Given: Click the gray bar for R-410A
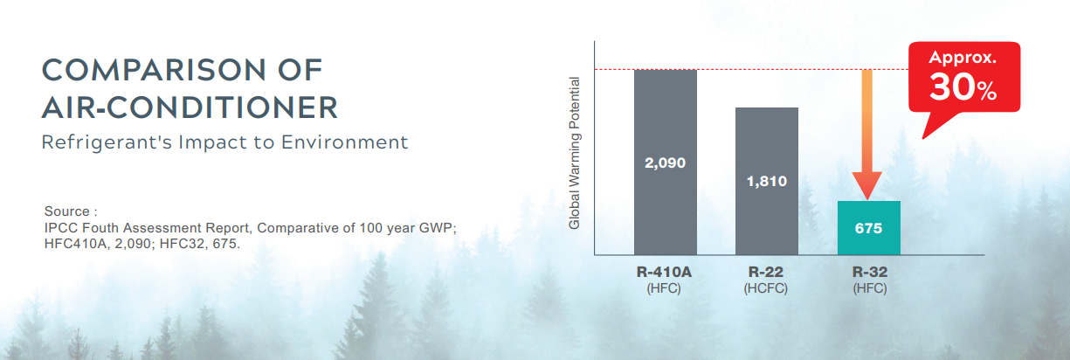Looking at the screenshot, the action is [x=666, y=162].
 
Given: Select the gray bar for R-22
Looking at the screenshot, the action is [x=767, y=181].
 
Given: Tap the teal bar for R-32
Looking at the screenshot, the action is [x=869, y=228].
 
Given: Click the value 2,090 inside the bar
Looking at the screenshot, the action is [x=666, y=163].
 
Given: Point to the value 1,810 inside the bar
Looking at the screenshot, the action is [x=767, y=181].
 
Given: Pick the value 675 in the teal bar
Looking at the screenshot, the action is [x=869, y=228].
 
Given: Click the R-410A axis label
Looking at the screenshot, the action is [x=664, y=272].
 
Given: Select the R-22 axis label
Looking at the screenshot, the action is [x=766, y=272].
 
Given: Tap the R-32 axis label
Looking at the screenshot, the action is [x=870, y=272].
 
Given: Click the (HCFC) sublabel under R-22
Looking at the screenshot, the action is [x=766, y=288].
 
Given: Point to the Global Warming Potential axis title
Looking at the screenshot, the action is [x=574, y=153].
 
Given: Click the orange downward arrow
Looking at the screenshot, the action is [x=867, y=135].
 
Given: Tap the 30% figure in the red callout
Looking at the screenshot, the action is [x=963, y=87].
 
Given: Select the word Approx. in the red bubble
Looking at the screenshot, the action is [x=963, y=58].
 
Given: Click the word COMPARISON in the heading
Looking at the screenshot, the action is [x=154, y=70].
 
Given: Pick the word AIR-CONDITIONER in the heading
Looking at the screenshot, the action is [x=190, y=107].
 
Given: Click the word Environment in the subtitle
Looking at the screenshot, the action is [x=344, y=142].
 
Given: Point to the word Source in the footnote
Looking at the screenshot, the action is [x=67, y=211].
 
